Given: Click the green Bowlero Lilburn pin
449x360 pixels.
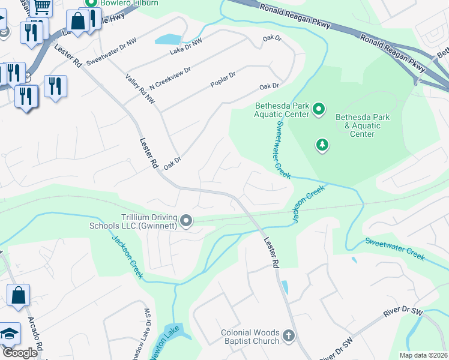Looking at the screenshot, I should click(x=92, y=2).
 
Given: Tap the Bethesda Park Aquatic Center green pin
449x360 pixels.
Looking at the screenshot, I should click(x=319, y=109).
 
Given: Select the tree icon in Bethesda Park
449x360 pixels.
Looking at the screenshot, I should click(x=323, y=145).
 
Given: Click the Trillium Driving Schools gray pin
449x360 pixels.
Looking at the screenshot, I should click(x=186, y=221).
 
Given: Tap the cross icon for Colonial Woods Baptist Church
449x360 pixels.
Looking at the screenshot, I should click(x=289, y=336).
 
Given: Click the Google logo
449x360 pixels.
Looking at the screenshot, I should click(x=20, y=353).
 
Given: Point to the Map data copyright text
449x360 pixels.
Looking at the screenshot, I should click(x=423, y=355).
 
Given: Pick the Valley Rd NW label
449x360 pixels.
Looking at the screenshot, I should click(x=140, y=88).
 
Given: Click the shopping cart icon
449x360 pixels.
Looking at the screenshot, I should click(x=41, y=5).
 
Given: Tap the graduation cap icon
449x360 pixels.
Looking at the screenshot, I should click(x=9, y=334).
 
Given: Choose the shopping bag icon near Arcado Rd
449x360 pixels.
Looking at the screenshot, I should click(x=18, y=295).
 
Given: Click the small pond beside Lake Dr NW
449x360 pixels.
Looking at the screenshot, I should click(x=167, y=39).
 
